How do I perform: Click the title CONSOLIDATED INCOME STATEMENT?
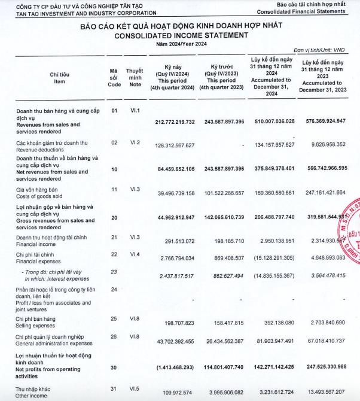click(x=180, y=35)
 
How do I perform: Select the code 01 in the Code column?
click(x=115, y=111)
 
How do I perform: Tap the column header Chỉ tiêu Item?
click(x=59, y=78)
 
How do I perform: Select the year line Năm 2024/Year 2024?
click(x=180, y=44)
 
